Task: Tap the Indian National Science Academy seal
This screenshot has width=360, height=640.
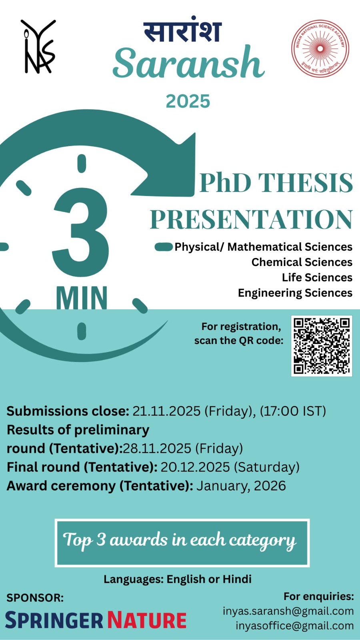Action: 320,48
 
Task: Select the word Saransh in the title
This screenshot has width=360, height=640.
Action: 188,63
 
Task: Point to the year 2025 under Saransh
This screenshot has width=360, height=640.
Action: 188,102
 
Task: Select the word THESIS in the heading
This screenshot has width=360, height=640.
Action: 306,183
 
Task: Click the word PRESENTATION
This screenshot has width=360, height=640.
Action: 252,220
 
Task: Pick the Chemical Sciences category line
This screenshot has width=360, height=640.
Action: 302,262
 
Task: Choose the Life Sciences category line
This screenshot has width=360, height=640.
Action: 317,278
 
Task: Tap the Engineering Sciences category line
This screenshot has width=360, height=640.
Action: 295,293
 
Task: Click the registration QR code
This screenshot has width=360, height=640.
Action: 322,346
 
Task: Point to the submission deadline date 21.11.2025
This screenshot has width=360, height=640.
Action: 166,411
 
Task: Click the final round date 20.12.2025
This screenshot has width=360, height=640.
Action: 195,467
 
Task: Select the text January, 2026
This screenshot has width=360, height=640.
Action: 241,486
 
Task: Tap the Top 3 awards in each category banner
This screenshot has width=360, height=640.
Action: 182,542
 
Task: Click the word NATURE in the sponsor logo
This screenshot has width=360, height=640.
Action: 147,620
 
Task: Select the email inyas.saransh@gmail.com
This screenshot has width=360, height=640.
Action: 288,611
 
